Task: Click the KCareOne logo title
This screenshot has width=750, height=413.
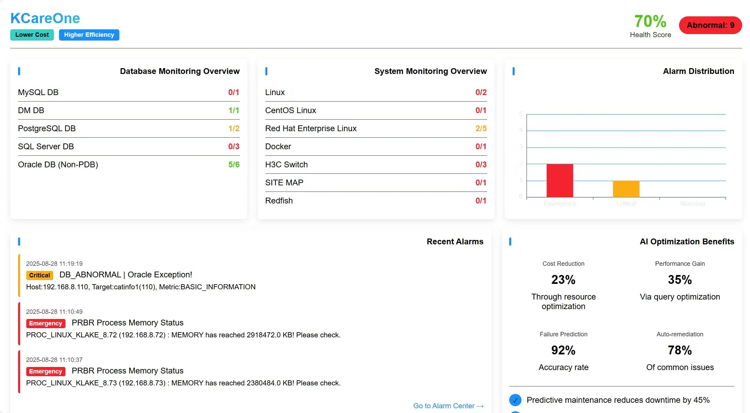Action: coord(45,18)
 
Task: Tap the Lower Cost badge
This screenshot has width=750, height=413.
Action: coord(32,35)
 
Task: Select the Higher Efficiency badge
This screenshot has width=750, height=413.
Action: coord(89,35)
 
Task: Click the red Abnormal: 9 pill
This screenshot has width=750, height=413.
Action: coord(710,25)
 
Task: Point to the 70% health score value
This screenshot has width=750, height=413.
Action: coord(650,21)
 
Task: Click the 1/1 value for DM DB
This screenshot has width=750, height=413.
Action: coord(234,110)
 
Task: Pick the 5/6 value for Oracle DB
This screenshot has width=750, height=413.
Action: coord(234,165)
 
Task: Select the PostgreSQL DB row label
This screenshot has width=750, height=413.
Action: coord(47,128)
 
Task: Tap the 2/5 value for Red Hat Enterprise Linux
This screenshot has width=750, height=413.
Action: coord(481,128)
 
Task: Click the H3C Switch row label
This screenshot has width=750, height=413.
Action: coord(286,165)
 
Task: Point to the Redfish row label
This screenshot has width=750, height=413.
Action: coord(279,201)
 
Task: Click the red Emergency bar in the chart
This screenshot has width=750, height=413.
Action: coord(560,181)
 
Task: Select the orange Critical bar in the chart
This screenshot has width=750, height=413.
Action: coord(626,189)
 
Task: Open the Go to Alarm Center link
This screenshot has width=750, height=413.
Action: coord(448,406)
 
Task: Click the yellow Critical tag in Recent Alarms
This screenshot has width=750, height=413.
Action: coord(40,275)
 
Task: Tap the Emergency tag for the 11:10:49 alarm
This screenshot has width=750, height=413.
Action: coord(45,323)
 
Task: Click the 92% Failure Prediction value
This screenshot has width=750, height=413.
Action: coord(563,350)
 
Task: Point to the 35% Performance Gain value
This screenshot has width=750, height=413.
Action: coord(679,280)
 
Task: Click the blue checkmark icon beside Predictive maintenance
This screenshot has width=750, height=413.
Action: coord(515,400)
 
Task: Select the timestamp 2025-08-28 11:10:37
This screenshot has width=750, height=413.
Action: coord(54,360)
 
